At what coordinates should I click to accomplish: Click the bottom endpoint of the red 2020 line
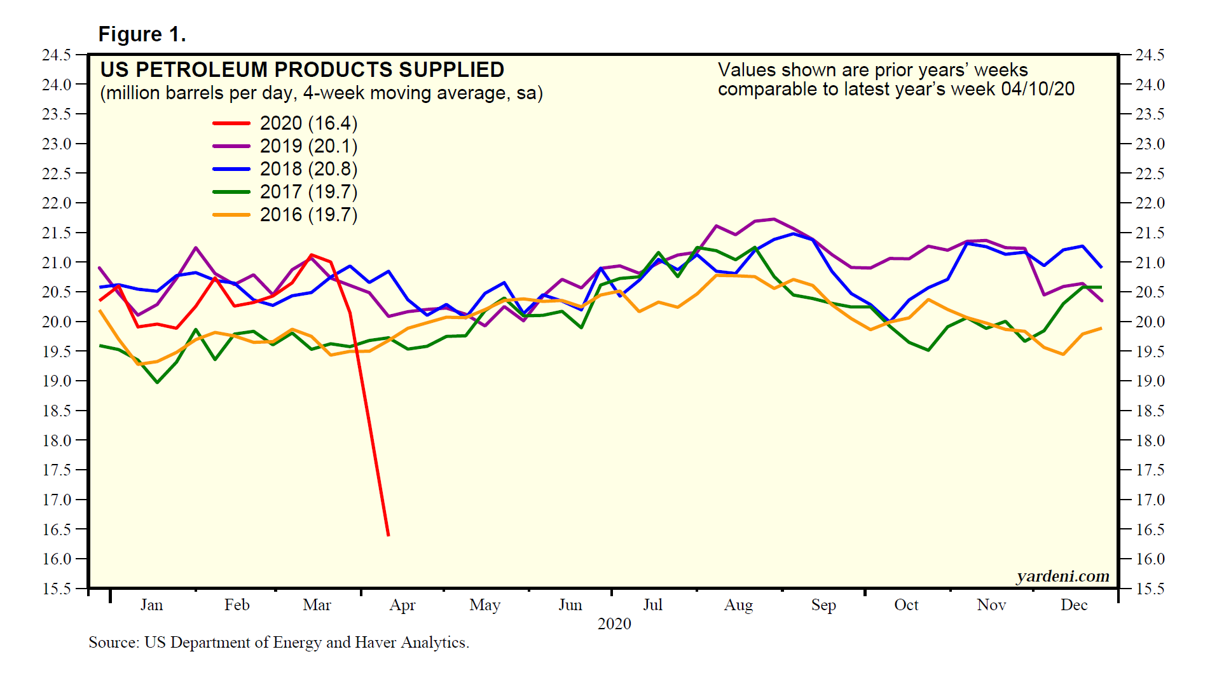(388, 535)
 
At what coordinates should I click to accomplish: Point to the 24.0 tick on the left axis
(57, 85)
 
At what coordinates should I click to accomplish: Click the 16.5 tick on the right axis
(1150, 529)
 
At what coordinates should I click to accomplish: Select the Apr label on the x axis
(402, 605)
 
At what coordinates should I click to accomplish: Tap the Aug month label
(738, 605)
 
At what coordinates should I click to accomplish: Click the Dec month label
(1074, 605)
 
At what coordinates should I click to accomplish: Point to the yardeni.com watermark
(1063, 576)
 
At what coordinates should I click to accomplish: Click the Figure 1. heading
(142, 34)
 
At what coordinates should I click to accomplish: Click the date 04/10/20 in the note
(1038, 89)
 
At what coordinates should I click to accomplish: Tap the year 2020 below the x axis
(614, 624)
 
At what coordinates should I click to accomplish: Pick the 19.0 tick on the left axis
(57, 381)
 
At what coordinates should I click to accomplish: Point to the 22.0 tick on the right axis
(1150, 203)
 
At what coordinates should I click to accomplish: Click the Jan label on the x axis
(151, 605)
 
